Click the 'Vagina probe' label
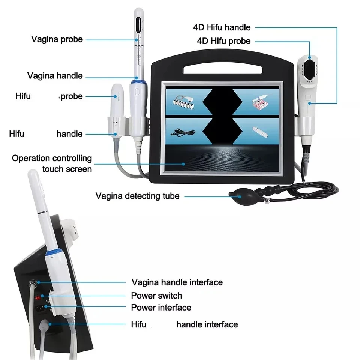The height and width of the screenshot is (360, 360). point(57,39)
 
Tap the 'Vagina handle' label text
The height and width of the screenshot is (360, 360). point(55,75)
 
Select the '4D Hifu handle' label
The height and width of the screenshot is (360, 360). point(222,27)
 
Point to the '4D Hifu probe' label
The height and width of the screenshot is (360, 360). point(223,41)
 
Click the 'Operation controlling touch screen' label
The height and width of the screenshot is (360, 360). point(52,163)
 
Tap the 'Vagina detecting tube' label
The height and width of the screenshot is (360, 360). point(137,196)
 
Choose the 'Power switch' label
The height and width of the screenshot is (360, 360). point(156,295)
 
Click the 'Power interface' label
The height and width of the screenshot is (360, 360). point(161,307)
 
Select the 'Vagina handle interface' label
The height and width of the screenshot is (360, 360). point(177,282)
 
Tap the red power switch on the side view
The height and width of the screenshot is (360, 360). point(37,298)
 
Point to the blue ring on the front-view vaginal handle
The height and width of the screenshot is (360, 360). point(134,80)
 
